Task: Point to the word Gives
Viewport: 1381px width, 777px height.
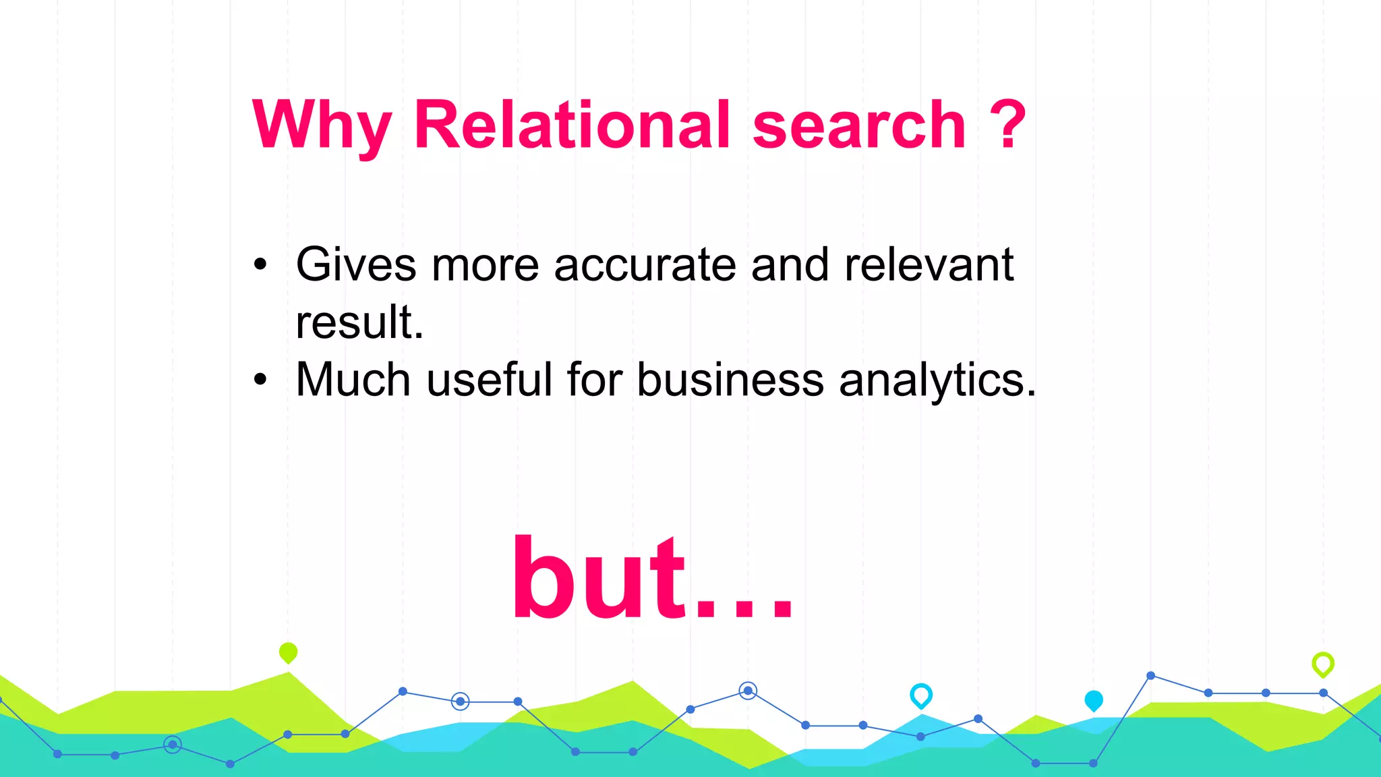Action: pyautogui.click(x=356, y=264)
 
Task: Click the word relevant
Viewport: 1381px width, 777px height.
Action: pyautogui.click(x=929, y=264)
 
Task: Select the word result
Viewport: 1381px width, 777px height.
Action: pyautogui.click(x=359, y=322)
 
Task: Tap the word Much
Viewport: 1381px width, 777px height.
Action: pyautogui.click(x=353, y=380)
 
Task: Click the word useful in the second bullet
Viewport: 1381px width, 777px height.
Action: pyautogui.click(x=490, y=380)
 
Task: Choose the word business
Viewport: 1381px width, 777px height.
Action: pyautogui.click(x=730, y=380)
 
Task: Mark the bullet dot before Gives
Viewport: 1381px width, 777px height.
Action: pyautogui.click(x=260, y=265)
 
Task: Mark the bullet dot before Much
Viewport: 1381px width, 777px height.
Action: pyautogui.click(x=260, y=380)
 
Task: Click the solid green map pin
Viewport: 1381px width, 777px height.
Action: pyautogui.click(x=288, y=652)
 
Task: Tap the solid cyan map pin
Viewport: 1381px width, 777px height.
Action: pyautogui.click(x=1093, y=700)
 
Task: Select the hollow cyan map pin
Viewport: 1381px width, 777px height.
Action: pyautogui.click(x=921, y=695)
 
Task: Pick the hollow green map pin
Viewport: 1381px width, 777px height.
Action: pyautogui.click(x=1322, y=664)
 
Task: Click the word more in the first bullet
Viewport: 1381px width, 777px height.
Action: pyautogui.click(x=485, y=264)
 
